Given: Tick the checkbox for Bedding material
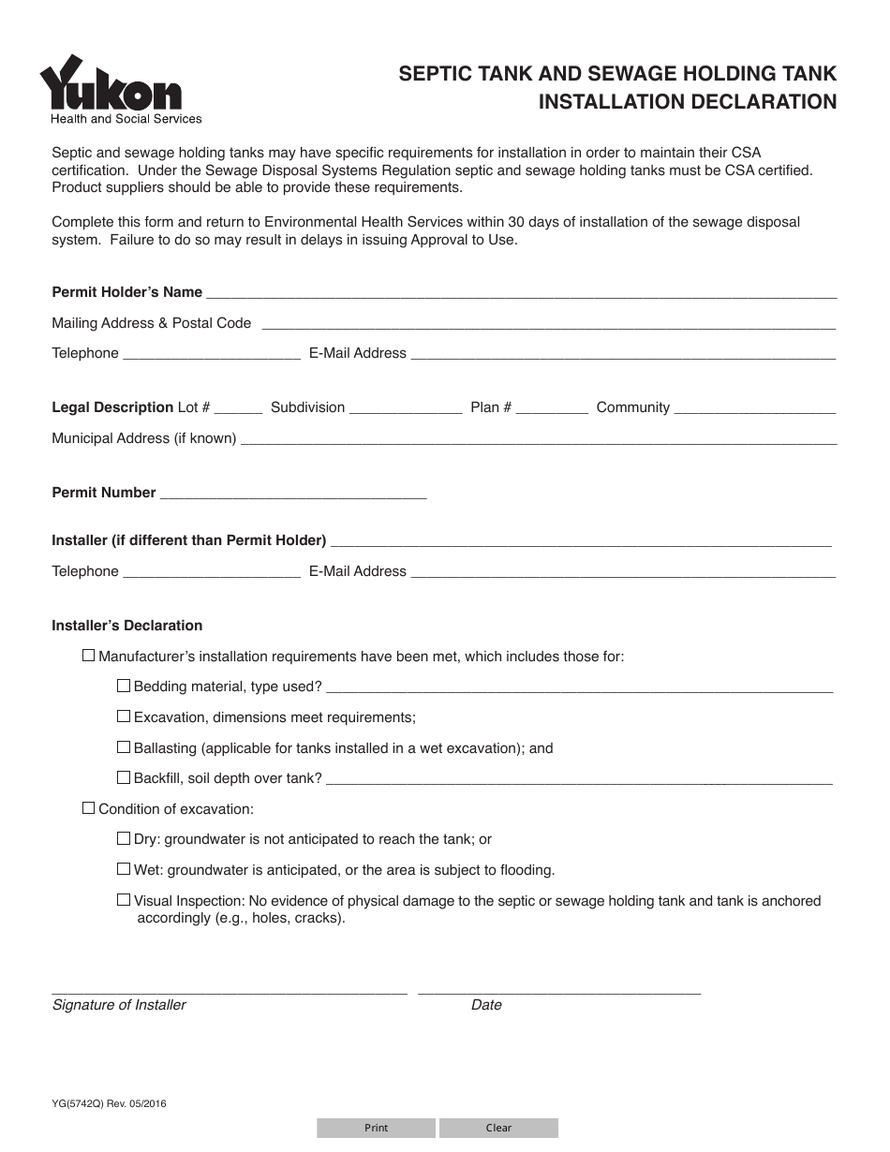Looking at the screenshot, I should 124,686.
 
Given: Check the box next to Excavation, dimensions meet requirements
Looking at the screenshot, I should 124,716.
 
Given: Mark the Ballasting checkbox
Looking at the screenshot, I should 124,747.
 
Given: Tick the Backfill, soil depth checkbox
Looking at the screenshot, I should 124,777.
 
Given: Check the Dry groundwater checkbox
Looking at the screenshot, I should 124,839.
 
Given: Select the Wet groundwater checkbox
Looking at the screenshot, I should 124,869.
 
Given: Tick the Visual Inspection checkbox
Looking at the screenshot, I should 124,900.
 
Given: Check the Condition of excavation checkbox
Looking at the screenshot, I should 89,808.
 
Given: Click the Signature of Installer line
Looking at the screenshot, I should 229,986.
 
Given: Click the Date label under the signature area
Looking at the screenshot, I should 486,1005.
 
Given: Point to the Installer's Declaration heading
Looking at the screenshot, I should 127,626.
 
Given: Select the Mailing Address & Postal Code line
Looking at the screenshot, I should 547,323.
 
